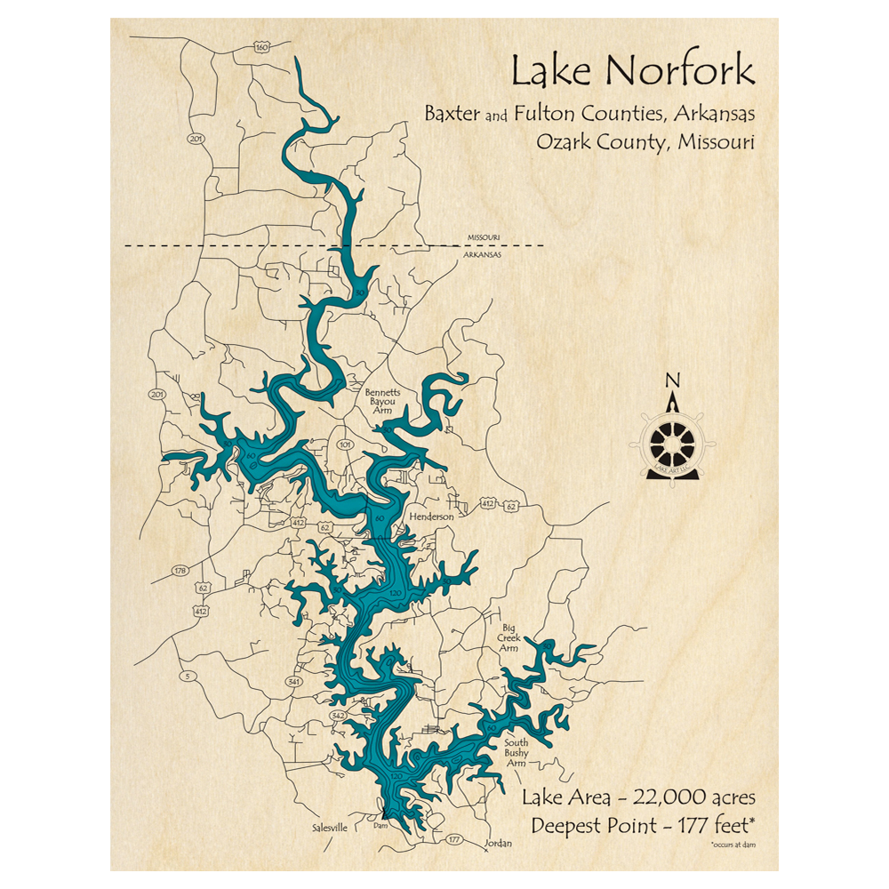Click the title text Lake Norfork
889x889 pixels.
(x=632, y=72)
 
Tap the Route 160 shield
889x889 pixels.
(x=260, y=47)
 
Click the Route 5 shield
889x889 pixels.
(x=188, y=677)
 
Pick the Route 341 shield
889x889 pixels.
(x=294, y=682)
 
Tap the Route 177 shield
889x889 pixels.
(x=454, y=838)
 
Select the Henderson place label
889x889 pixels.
(x=431, y=517)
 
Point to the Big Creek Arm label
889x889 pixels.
(x=509, y=638)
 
